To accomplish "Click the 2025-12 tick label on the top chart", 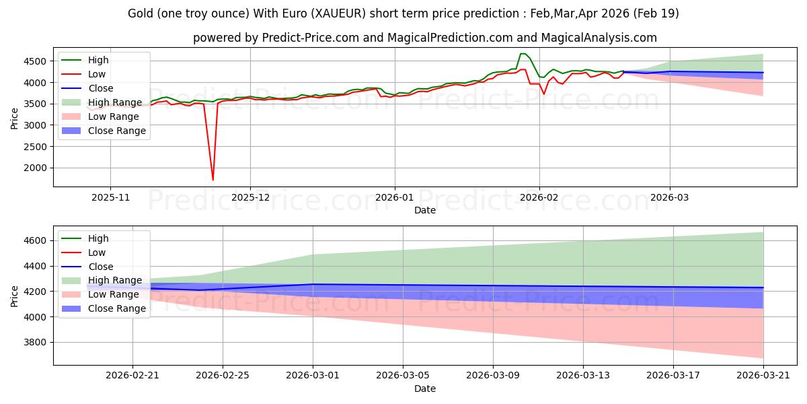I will pos(250,198).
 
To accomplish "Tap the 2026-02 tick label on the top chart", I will pos(539,198).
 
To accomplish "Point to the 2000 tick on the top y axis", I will pos(37,168).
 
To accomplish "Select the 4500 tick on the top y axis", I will pos(37,61).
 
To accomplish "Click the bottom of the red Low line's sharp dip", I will pos(213,180).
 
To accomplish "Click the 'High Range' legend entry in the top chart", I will pos(115,102).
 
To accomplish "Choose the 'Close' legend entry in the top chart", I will pos(101,88).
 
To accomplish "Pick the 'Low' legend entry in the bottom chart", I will pos(97,252).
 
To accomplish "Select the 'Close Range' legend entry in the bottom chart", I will pos(117,308).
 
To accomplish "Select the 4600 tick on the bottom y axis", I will pos(37,240).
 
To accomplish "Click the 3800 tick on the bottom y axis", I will pos(37,342).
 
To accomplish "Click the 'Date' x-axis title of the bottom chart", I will pos(425,389).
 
